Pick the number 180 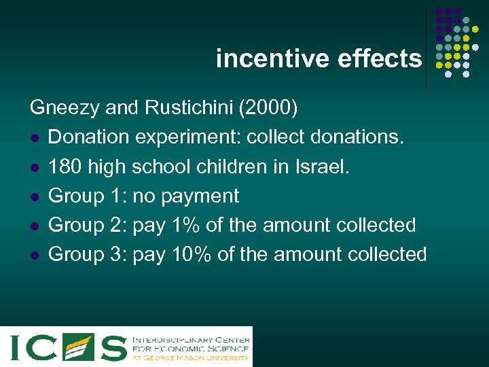click(x=66, y=167)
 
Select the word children click(x=240, y=167)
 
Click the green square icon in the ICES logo click(x=79, y=347)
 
